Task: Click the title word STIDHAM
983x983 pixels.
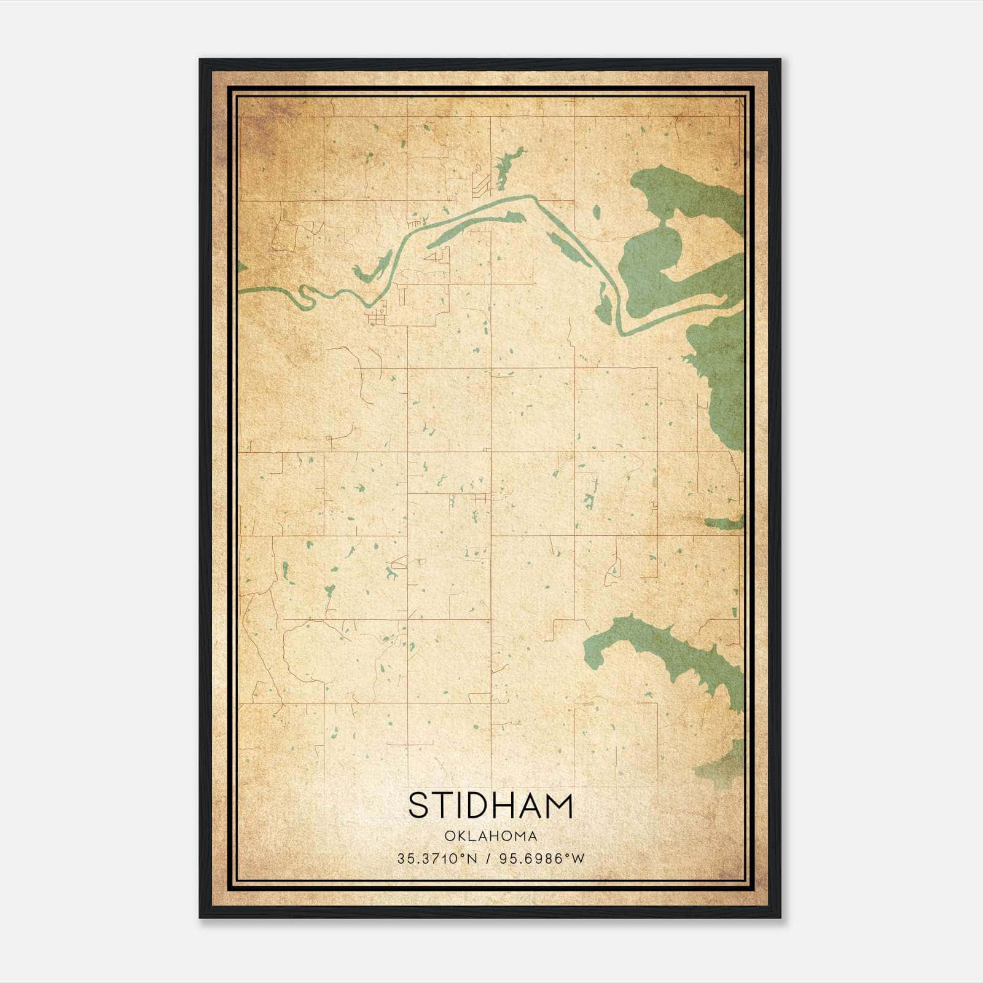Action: coord(490,805)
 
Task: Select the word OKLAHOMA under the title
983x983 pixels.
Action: coord(491,836)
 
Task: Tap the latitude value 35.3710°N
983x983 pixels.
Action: coord(437,859)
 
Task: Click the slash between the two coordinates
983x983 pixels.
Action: coord(488,859)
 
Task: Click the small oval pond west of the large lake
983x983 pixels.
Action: coord(597,213)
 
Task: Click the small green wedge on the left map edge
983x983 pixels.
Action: coord(241,267)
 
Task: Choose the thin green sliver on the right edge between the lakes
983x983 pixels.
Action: coord(725,523)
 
